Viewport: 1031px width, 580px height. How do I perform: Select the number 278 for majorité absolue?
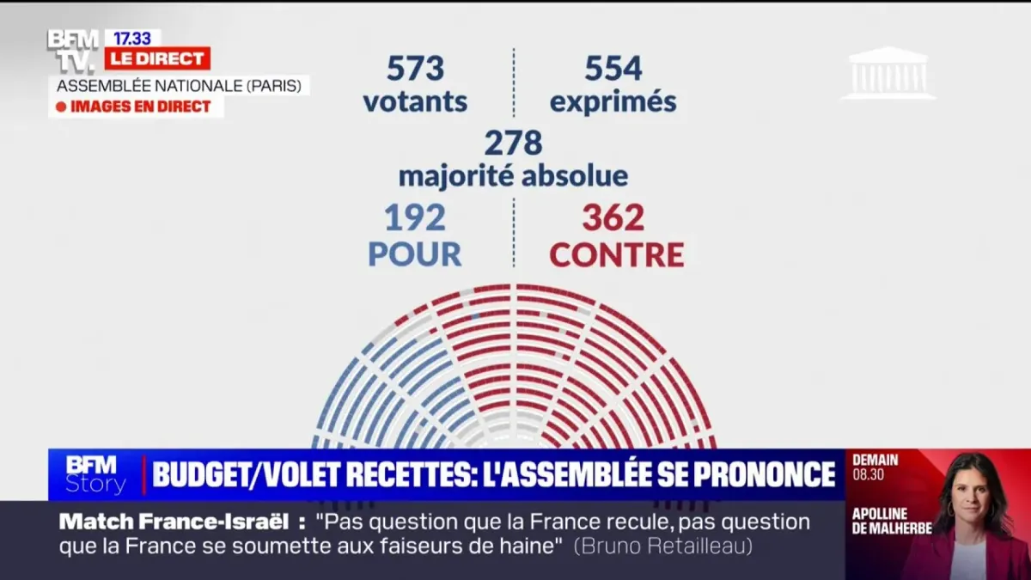tap(513, 143)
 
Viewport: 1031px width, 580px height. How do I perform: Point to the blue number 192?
tap(415, 218)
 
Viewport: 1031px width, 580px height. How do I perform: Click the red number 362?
tap(613, 218)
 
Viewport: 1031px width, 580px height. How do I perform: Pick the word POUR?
tap(415, 254)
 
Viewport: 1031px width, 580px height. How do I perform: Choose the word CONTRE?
tap(617, 254)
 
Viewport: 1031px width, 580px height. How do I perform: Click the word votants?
tap(415, 102)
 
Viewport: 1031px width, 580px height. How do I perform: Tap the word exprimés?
tap(613, 102)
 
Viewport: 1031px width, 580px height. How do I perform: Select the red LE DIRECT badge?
tap(157, 58)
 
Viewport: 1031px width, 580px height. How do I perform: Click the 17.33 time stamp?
tap(132, 38)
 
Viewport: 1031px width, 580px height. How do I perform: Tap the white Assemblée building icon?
tap(888, 73)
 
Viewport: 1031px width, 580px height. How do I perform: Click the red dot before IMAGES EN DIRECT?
tap(61, 107)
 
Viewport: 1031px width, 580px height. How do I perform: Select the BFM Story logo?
tap(95, 474)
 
